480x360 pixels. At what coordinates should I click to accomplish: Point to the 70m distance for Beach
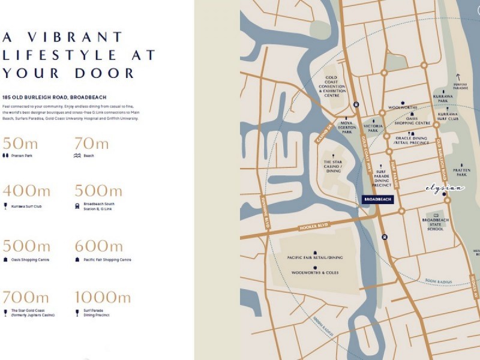[91, 143]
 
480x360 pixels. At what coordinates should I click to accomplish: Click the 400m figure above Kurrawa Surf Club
[27, 191]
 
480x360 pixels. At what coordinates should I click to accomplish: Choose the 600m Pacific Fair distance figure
[99, 246]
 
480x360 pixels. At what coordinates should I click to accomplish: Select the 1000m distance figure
[103, 298]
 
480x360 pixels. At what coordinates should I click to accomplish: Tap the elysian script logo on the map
[445, 188]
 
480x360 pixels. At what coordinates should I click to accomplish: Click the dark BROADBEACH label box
[378, 199]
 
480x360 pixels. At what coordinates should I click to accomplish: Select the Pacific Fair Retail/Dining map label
[314, 257]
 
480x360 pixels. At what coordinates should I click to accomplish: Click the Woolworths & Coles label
[314, 272]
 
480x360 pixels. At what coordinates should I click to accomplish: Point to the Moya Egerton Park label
[342, 128]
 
